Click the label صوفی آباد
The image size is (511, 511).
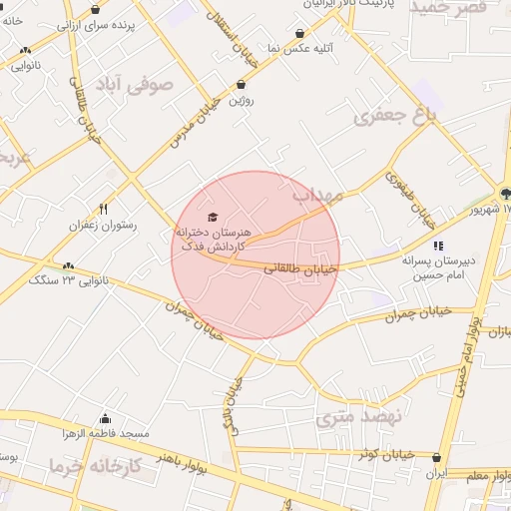point(134,84)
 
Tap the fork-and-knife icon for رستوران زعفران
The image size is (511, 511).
point(103,210)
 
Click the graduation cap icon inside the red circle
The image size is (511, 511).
point(211,217)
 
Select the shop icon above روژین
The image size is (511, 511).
point(242,85)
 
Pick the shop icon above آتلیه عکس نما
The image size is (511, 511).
point(300,33)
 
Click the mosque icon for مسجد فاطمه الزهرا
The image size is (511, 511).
point(106,418)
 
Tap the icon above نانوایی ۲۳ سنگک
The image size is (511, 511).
point(68,265)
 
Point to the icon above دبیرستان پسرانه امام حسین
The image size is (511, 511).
point(437,246)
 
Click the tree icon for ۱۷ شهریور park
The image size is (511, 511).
point(504,194)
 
